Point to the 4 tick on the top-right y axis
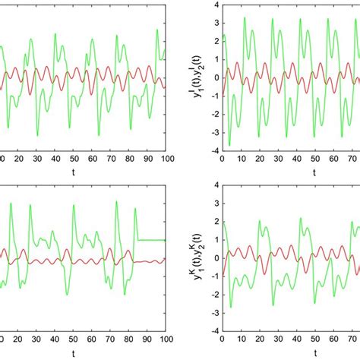tap(215, 5)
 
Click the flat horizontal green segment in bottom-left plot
tap(151, 240)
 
